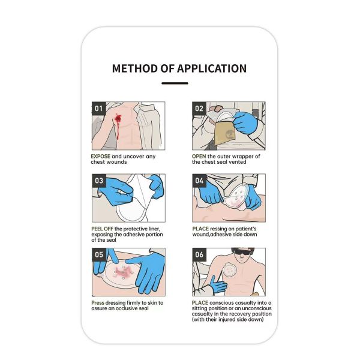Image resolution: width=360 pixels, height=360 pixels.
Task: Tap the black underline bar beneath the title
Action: click(x=179, y=83)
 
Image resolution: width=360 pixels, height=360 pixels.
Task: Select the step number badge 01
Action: click(x=98, y=109)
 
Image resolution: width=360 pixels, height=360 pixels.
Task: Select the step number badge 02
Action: click(x=199, y=109)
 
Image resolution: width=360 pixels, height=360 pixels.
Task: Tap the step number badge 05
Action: click(x=98, y=254)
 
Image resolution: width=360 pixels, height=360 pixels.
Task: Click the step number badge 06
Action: click(x=199, y=254)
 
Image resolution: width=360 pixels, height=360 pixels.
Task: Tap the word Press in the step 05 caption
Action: click(x=100, y=302)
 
